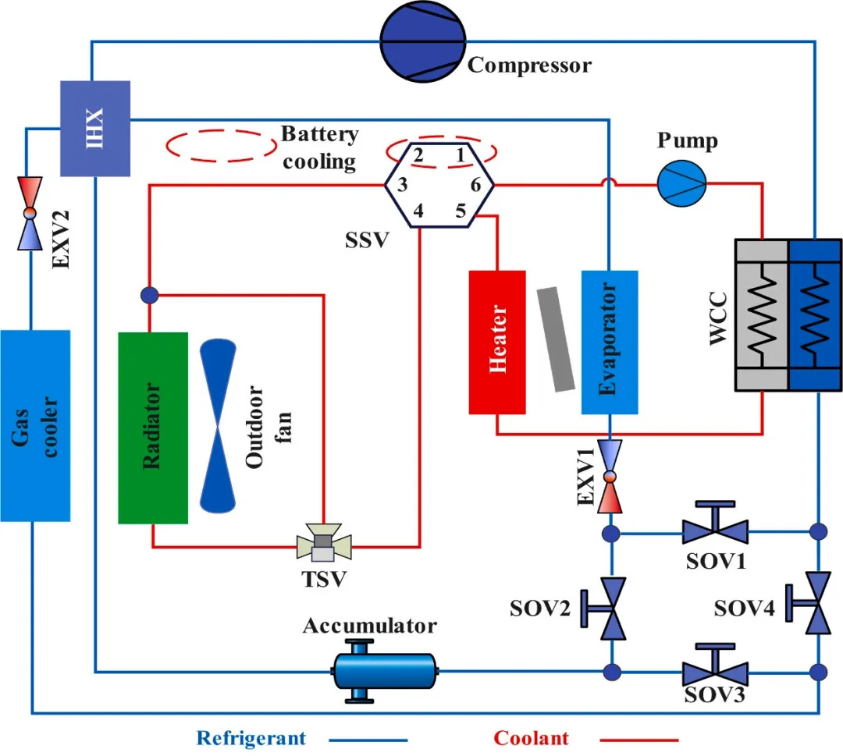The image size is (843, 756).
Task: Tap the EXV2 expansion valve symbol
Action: coord(29,212)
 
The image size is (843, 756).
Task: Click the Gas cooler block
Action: coord(35,425)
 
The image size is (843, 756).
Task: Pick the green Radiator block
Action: coord(153,428)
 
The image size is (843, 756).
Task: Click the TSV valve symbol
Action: coord(323,542)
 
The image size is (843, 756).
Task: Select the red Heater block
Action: coord(498,342)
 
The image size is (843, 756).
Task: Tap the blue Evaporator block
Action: coord(610,342)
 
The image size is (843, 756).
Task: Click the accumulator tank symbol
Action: coord(384,670)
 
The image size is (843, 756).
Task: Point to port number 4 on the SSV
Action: coord(418,211)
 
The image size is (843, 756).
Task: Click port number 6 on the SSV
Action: coord(475,184)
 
